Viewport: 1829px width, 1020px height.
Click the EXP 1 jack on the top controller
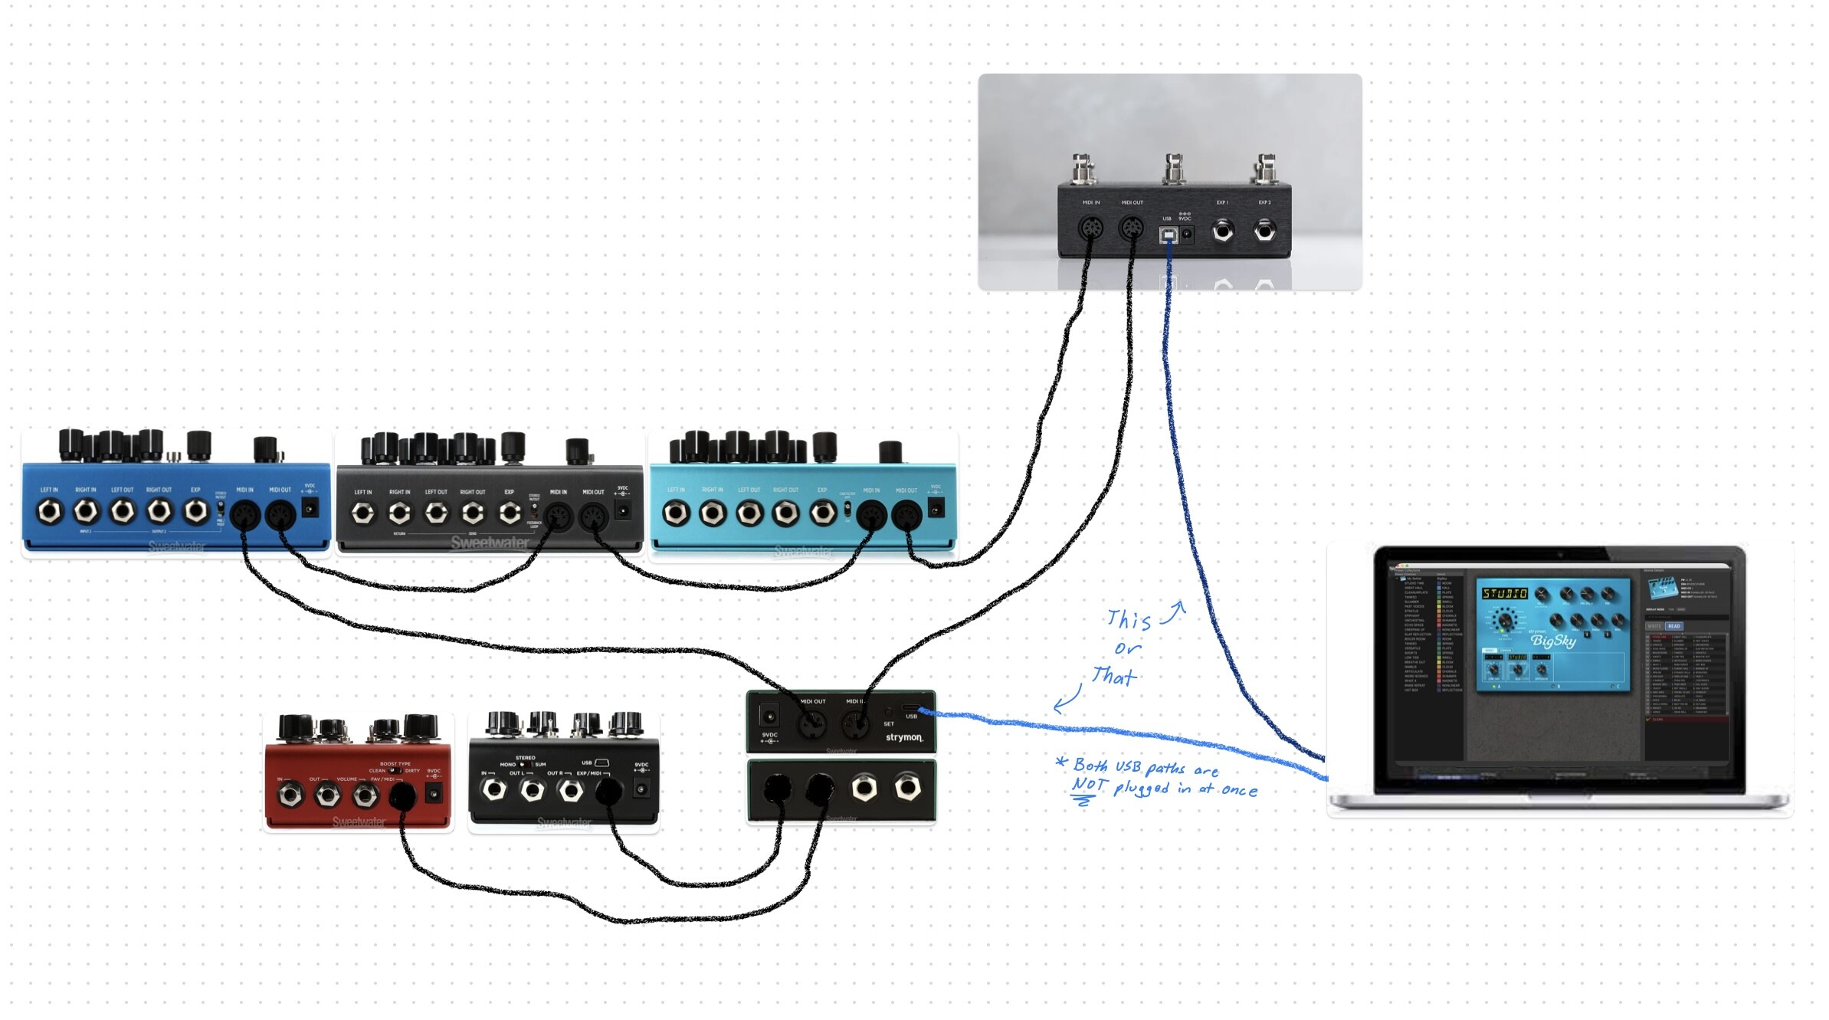click(1223, 230)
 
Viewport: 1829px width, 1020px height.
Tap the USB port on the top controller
click(1168, 235)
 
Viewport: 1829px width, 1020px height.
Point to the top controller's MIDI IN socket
click(1090, 228)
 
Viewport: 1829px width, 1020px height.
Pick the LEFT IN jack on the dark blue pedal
click(50, 511)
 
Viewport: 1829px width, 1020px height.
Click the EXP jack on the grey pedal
click(510, 513)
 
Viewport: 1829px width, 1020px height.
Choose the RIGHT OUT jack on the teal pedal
click(785, 513)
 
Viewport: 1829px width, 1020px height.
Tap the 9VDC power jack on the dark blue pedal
click(310, 507)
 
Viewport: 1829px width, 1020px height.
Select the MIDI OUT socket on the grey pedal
click(593, 518)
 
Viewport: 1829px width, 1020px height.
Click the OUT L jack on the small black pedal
click(532, 789)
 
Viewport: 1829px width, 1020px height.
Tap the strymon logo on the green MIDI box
click(904, 737)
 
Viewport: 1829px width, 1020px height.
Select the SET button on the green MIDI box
click(889, 713)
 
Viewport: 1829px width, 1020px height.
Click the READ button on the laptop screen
click(1674, 626)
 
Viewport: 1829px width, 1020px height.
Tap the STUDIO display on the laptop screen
click(1504, 594)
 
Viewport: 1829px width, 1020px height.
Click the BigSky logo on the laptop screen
click(1553, 641)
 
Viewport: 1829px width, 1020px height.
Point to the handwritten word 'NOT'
click(1089, 784)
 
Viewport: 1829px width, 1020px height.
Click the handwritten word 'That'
click(1114, 676)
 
